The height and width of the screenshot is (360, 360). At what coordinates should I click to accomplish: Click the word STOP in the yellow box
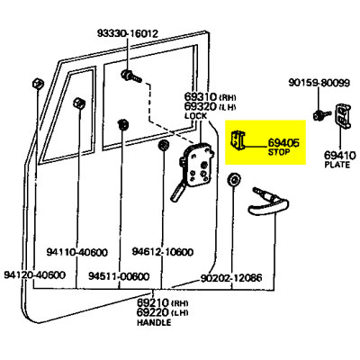(x=279, y=152)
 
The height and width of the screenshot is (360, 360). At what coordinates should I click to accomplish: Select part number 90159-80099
(x=319, y=83)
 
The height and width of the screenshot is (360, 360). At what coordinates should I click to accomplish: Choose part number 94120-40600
(x=35, y=274)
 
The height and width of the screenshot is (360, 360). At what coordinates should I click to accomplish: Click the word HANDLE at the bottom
(x=153, y=321)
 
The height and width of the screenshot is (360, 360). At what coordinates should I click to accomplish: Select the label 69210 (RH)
(x=159, y=300)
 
